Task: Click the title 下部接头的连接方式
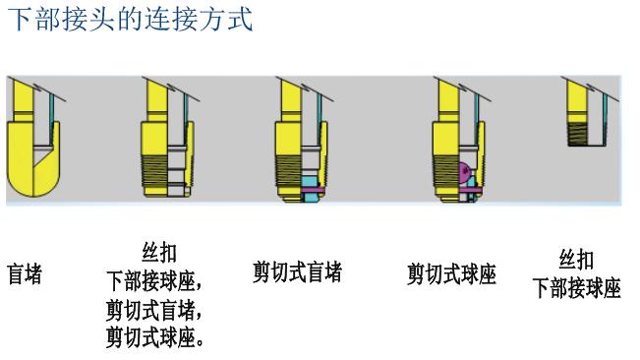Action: coord(130,19)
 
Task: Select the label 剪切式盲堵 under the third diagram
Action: coord(297,272)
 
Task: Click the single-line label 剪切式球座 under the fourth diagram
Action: coord(451,274)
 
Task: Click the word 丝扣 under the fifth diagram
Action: coord(576,260)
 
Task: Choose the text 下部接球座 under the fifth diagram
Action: coord(576,288)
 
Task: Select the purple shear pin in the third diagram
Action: coord(313,189)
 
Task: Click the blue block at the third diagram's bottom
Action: coord(312,198)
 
